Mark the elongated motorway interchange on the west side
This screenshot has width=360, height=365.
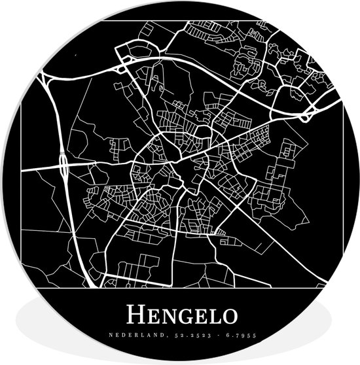coord(64,169)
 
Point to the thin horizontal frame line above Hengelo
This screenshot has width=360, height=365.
coord(180,288)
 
